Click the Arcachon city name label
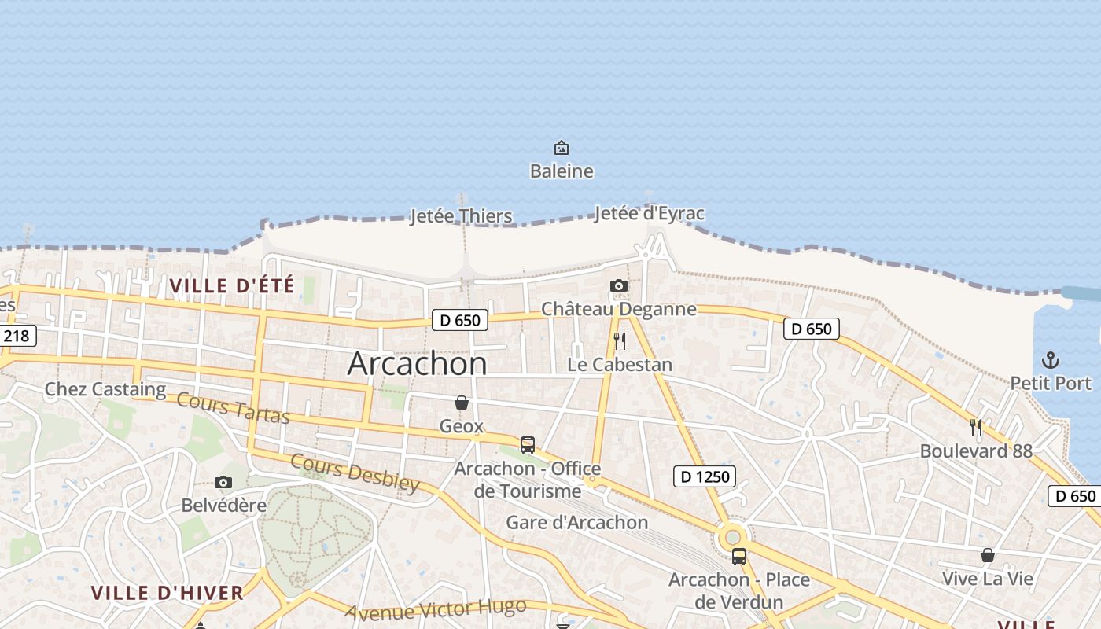pos(417,363)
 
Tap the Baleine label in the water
pos(562,171)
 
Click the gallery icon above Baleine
pos(562,148)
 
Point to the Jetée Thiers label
pos(461,216)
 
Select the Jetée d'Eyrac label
pos(650,213)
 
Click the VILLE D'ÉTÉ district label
pos(232,285)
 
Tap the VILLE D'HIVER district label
pos(168,593)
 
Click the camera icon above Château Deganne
pos(619,285)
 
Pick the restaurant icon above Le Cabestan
pos(620,341)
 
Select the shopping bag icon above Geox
pos(462,403)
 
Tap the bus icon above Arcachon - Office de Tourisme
pos(528,444)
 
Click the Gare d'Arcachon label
pos(577,522)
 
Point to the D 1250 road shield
pos(705,476)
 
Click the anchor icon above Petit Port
pos(1051,360)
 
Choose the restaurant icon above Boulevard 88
pos(976,428)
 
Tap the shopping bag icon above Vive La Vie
pos(988,555)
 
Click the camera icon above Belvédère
pos(223,482)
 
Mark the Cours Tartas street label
pos(233,407)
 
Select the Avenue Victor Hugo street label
pos(435,609)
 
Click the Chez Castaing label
pos(105,388)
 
